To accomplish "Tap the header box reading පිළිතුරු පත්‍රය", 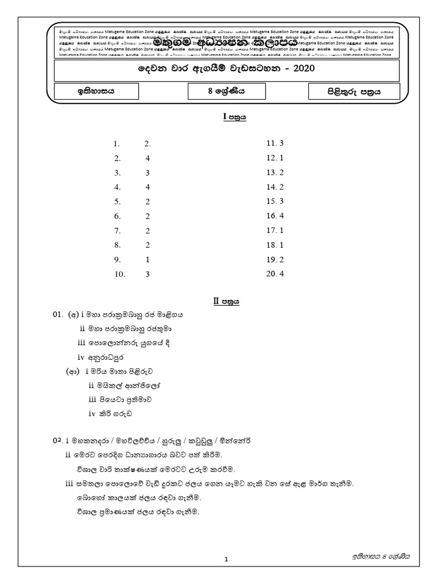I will coord(353,91).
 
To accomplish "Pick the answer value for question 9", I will coord(147,259).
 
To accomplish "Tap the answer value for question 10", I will coord(147,273).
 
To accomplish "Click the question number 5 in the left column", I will coord(117,201).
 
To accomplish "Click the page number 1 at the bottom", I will coord(226,560).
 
